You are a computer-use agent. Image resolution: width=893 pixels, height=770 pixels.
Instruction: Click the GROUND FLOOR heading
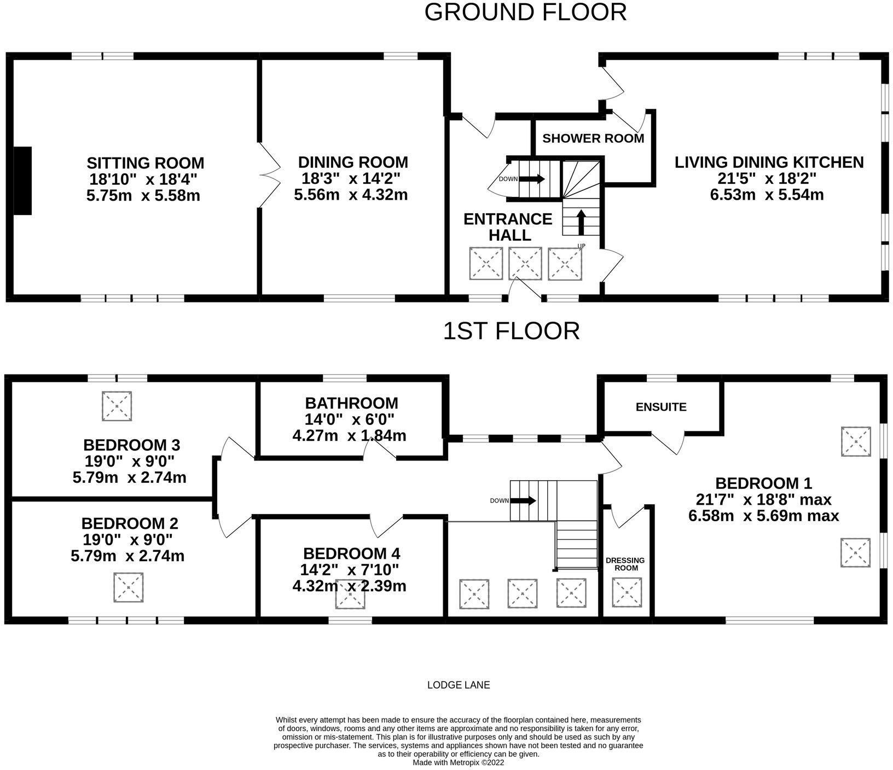[x=525, y=12]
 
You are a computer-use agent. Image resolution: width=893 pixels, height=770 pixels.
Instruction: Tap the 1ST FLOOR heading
[x=511, y=331]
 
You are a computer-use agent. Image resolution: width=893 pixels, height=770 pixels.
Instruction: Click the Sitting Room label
[x=146, y=163]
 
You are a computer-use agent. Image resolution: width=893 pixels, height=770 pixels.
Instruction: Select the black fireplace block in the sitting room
[x=22, y=181]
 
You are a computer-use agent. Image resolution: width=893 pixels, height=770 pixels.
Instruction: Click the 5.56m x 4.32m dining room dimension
[x=351, y=195]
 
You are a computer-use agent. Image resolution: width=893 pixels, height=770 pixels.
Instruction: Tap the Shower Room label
[x=593, y=138]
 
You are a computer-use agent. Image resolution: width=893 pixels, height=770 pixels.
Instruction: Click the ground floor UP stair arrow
[x=581, y=222]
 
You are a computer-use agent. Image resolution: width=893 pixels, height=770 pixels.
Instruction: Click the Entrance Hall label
[x=508, y=227]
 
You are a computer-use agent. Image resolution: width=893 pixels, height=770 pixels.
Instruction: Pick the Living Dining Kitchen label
[x=769, y=162]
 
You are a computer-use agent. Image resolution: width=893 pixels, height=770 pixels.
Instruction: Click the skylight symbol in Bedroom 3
[x=117, y=406]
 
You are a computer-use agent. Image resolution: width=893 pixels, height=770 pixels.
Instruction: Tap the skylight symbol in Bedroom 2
[x=129, y=587]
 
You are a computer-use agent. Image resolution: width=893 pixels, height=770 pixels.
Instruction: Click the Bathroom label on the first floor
[x=351, y=404]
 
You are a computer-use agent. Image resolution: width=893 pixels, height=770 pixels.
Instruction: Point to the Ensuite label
[x=661, y=407]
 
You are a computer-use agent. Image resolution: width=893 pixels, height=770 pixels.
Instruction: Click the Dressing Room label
[x=625, y=564]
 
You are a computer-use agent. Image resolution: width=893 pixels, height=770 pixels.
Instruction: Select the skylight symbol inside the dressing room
[x=627, y=592]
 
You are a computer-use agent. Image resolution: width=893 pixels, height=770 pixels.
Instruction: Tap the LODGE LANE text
[x=459, y=685]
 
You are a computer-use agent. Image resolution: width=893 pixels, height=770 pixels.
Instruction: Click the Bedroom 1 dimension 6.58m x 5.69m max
[x=763, y=516]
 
